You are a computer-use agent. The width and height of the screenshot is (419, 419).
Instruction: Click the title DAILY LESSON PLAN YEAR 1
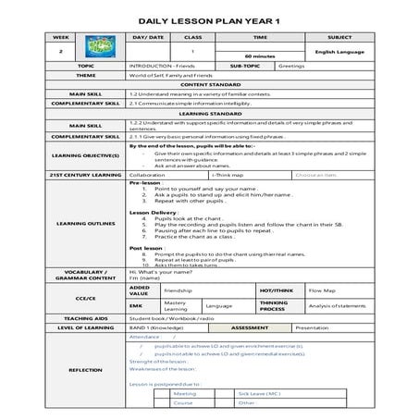tap(209, 18)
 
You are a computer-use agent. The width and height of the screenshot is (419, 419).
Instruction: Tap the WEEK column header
tap(61, 37)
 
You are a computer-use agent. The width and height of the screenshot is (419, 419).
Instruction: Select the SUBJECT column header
tap(339, 37)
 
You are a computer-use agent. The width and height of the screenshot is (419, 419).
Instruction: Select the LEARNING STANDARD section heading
tap(209, 113)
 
